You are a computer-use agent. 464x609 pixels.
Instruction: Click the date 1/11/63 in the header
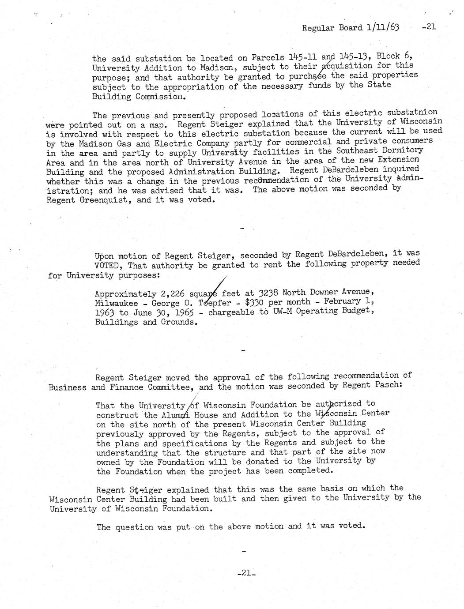(x=382, y=27)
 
